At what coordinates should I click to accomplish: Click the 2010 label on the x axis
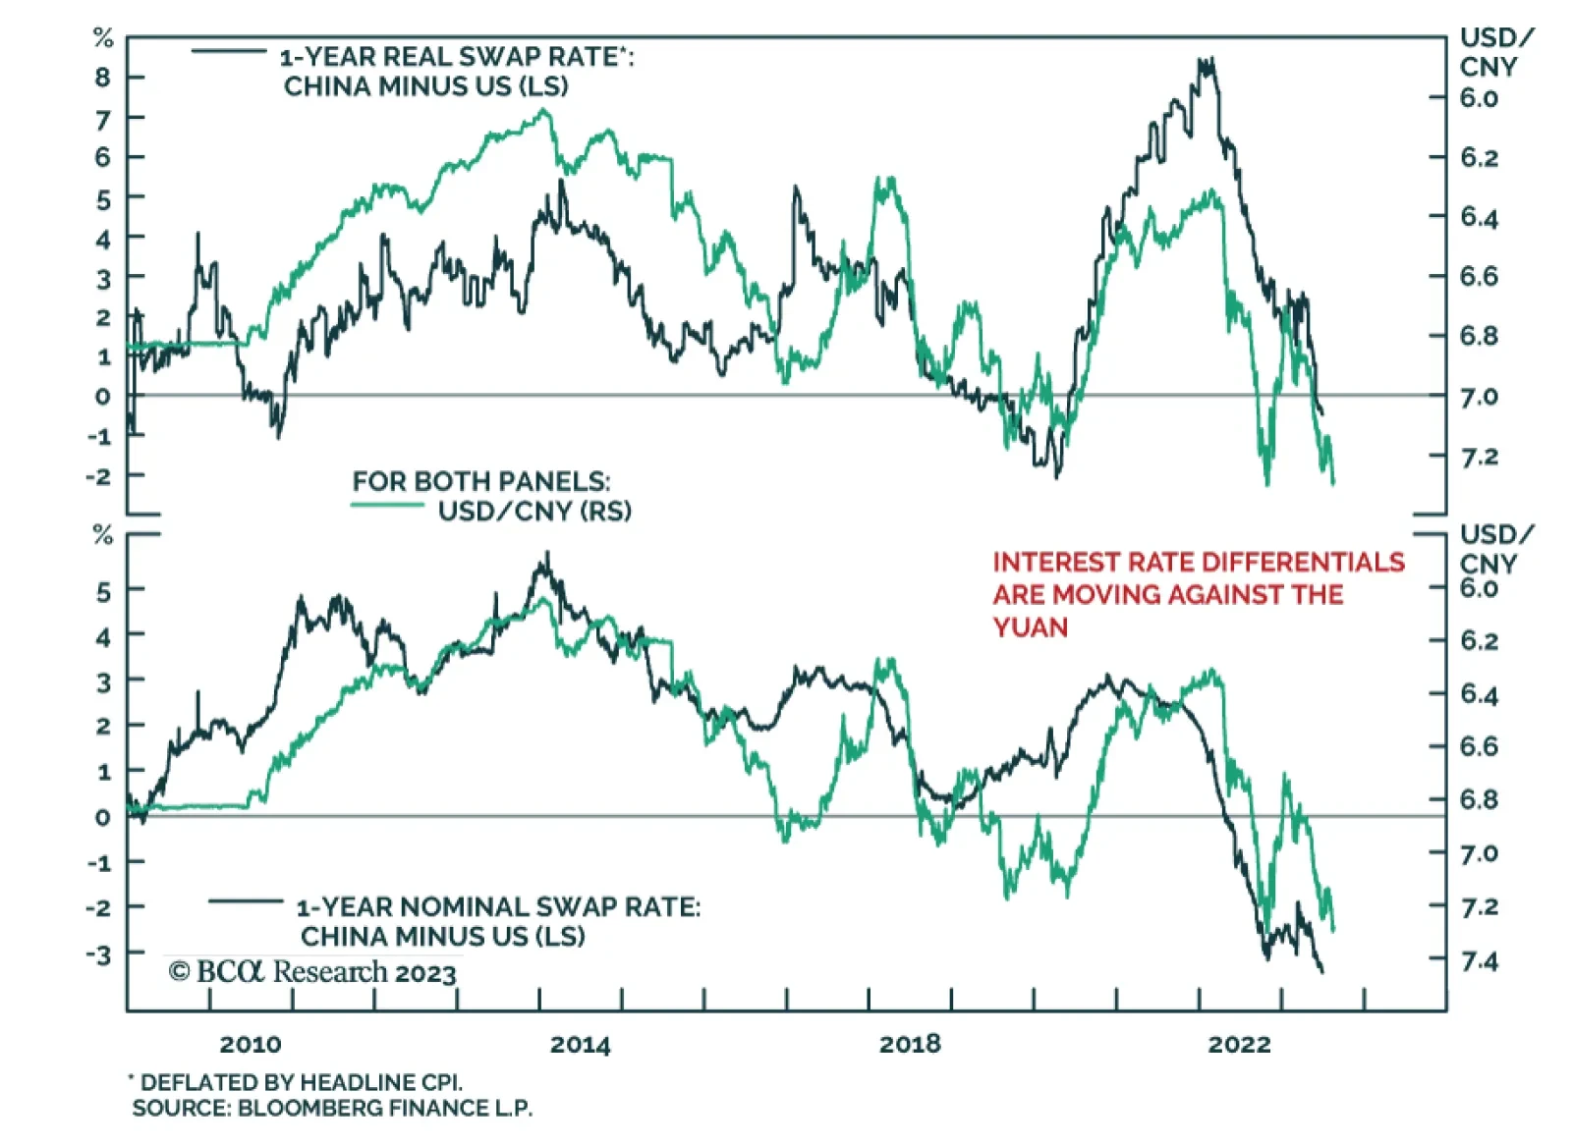pyautogui.click(x=250, y=1044)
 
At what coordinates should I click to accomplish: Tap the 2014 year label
pyautogui.click(x=580, y=1044)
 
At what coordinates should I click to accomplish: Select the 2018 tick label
pyautogui.click(x=909, y=1044)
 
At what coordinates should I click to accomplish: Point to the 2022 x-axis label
pyautogui.click(x=1239, y=1044)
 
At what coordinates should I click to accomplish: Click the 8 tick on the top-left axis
pyautogui.click(x=103, y=77)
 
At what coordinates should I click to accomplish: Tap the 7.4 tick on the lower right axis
pyautogui.click(x=1479, y=960)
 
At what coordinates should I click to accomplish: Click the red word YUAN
pyautogui.click(x=1030, y=626)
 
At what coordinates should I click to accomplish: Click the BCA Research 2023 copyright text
pyautogui.click(x=312, y=972)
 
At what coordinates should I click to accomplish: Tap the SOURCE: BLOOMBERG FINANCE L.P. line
pyautogui.click(x=332, y=1109)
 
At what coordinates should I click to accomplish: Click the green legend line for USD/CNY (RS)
pyautogui.click(x=387, y=506)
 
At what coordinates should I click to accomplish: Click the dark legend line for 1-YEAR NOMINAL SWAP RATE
pyautogui.click(x=246, y=900)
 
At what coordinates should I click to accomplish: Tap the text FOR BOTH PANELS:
pyautogui.click(x=481, y=481)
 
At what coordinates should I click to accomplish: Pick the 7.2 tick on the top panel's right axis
pyautogui.click(x=1479, y=457)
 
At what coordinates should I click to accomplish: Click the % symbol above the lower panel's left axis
pyautogui.click(x=102, y=536)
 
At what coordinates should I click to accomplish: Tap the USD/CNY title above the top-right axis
pyautogui.click(x=1494, y=52)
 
